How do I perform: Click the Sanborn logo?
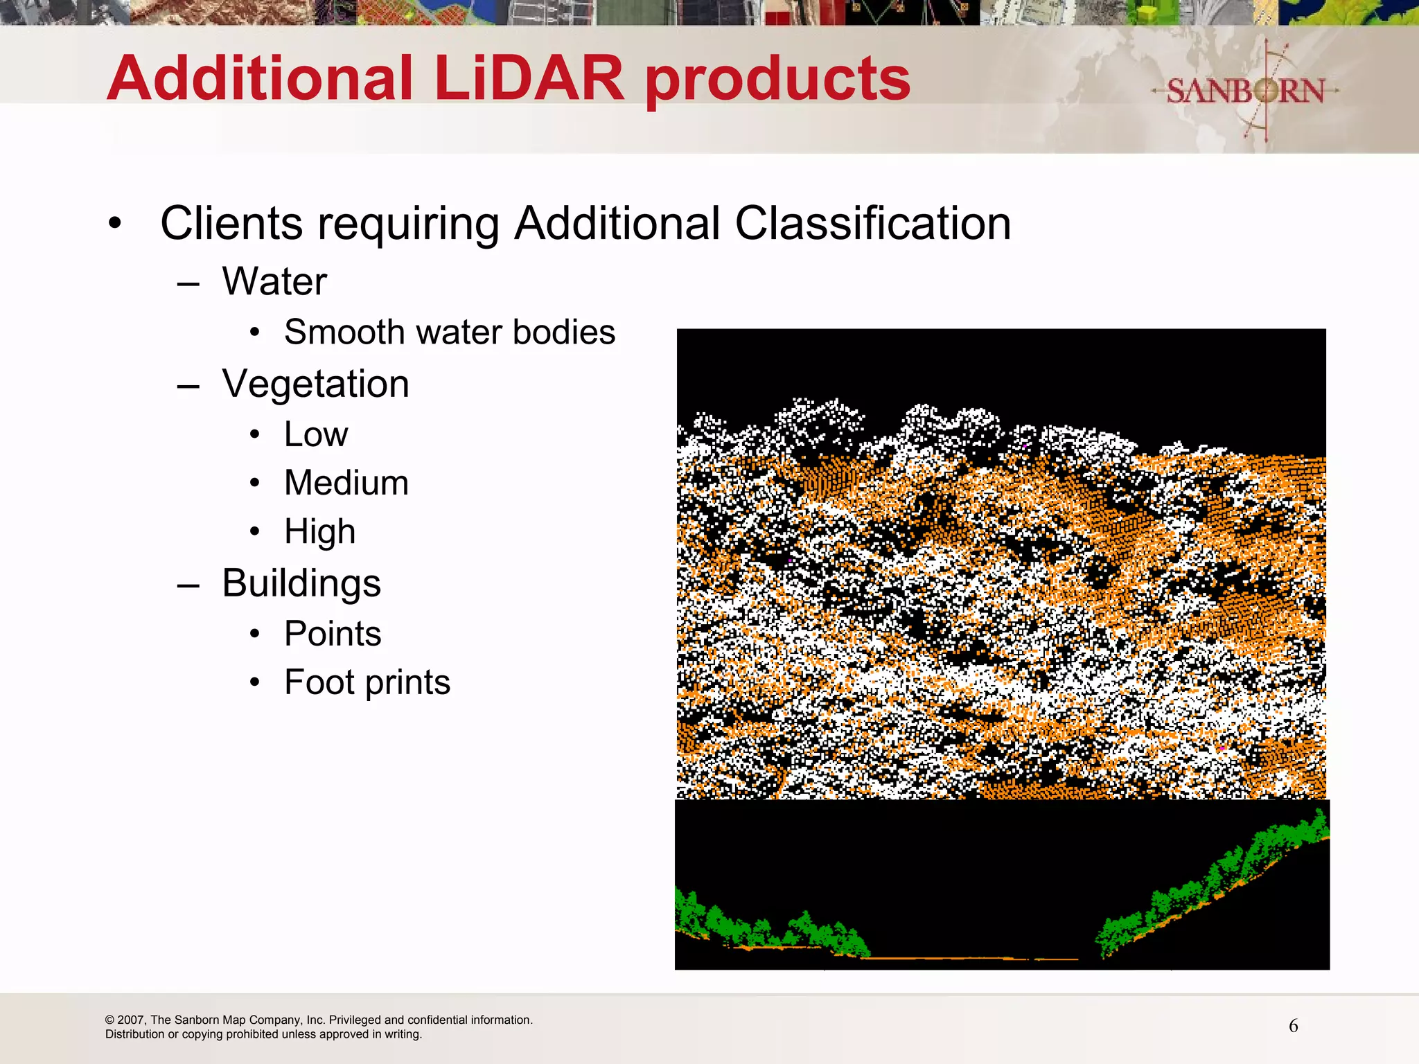point(1245,91)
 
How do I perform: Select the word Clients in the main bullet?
point(231,223)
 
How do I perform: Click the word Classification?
point(872,224)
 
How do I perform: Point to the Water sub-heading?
point(274,281)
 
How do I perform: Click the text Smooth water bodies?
point(450,332)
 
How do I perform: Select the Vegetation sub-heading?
point(315,384)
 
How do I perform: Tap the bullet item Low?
point(316,434)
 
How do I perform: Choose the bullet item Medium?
point(346,483)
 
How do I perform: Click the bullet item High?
point(320,532)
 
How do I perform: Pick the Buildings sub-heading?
point(301,583)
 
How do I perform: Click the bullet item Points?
point(333,634)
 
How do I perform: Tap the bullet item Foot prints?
point(367,682)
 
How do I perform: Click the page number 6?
point(1293,1026)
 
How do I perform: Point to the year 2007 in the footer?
point(131,1020)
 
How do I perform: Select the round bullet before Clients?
point(115,224)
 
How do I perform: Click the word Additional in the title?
point(260,78)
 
